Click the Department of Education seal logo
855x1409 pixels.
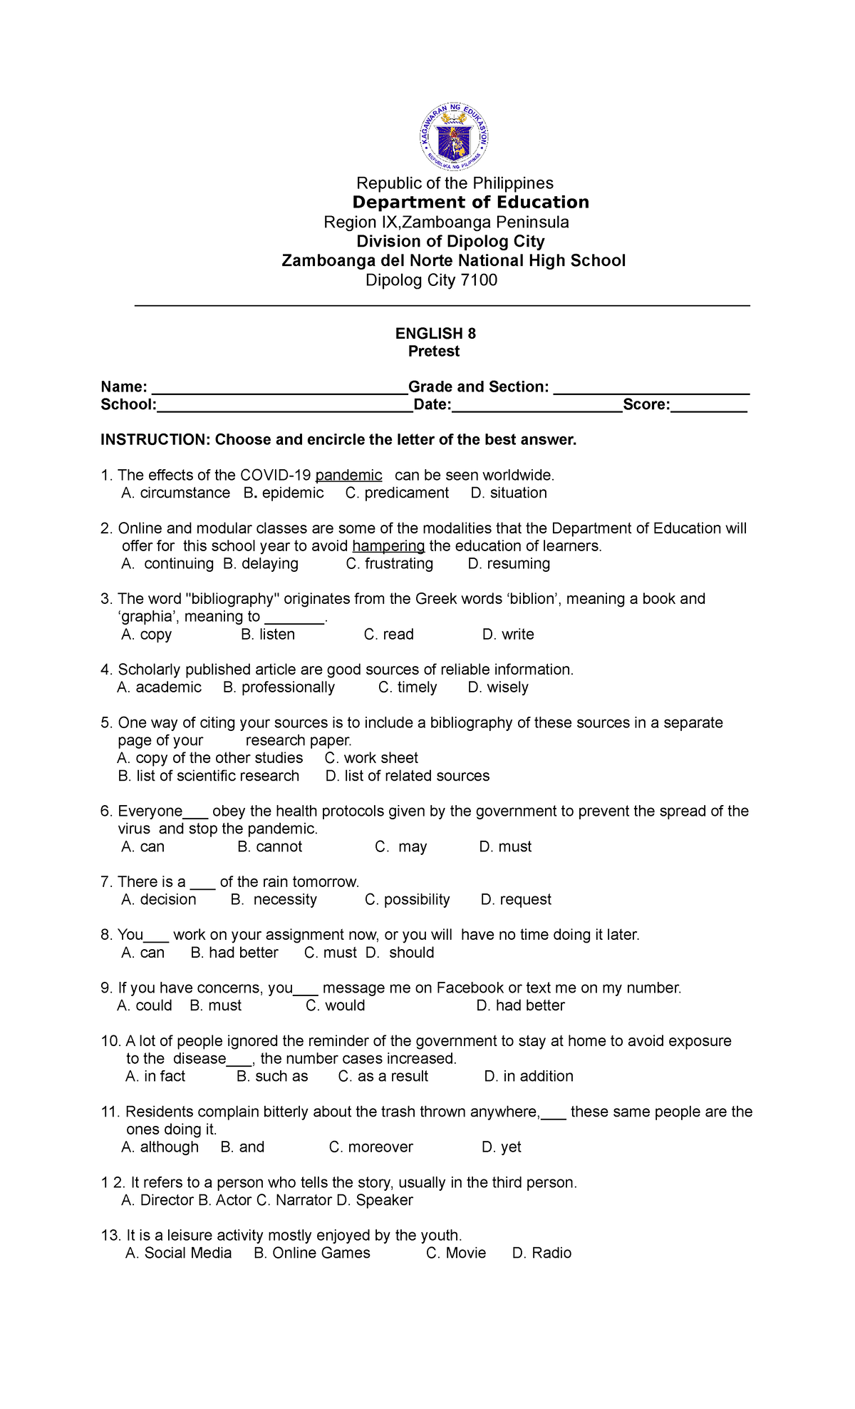pyautogui.click(x=454, y=136)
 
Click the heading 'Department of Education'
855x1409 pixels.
pyautogui.click(x=470, y=203)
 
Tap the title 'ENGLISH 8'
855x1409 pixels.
pyautogui.click(x=435, y=334)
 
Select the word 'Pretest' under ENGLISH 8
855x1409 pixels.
pyautogui.click(x=434, y=352)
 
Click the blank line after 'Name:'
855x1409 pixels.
pyautogui.click(x=279, y=389)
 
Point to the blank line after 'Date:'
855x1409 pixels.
pyautogui.click(x=537, y=407)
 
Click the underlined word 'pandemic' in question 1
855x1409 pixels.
pyautogui.click(x=348, y=476)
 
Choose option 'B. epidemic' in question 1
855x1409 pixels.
pyautogui.click(x=284, y=493)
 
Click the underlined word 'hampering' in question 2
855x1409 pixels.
pyautogui.click(x=388, y=546)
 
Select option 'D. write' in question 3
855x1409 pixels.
pyautogui.click(x=508, y=635)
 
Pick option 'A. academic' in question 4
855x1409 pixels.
pyautogui.click(x=160, y=687)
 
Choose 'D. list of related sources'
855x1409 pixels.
pyautogui.click(x=408, y=776)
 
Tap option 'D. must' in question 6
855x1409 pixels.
pyautogui.click(x=505, y=847)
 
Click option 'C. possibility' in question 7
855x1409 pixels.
pyautogui.click(x=408, y=900)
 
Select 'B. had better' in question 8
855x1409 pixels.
pyautogui.click(x=234, y=953)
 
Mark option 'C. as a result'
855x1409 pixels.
pyautogui.click(x=383, y=1077)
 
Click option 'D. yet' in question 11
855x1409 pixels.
pyautogui.click(x=502, y=1147)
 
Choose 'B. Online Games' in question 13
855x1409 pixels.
pyautogui.click(x=312, y=1254)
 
